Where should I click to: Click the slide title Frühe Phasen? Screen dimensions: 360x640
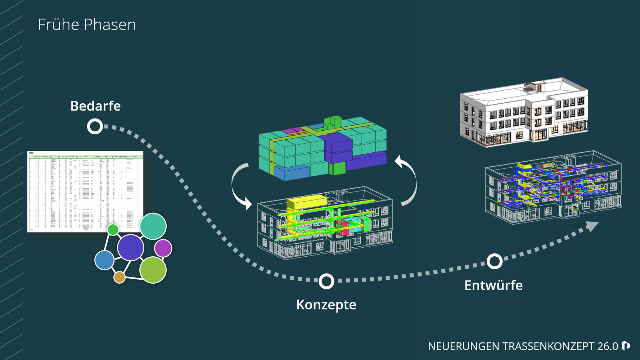(87, 25)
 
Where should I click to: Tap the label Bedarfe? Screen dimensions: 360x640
(95, 106)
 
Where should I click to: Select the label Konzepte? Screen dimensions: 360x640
(326, 305)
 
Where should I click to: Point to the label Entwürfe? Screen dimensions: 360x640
(493, 285)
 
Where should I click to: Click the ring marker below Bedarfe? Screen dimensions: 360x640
(95, 126)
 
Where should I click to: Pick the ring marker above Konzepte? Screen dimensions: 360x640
(326, 281)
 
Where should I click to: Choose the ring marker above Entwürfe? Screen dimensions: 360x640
(495, 261)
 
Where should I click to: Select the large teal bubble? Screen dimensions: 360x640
(153, 226)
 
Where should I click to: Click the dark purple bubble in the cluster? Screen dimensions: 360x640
(131, 247)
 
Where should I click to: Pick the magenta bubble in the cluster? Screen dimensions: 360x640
(163, 248)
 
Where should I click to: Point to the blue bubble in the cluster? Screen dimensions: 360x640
(104, 260)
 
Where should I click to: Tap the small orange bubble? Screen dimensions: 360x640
(119, 277)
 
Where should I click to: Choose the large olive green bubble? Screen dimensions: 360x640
(153, 270)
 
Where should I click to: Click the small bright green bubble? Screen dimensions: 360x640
(113, 229)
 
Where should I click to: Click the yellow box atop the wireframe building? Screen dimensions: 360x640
(307, 202)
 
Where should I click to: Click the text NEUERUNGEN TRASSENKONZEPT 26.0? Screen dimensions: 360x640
(523, 346)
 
